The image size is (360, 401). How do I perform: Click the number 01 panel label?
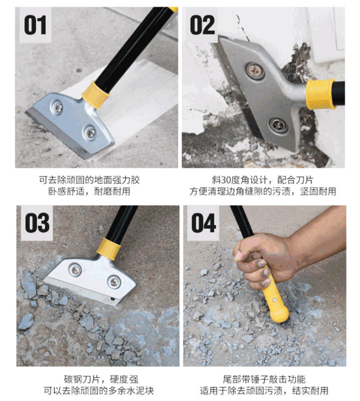[x=35, y=25]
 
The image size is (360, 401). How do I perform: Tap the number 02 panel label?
[x=202, y=25]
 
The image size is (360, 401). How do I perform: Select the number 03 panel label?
[x=37, y=223]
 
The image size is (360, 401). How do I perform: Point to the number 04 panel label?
[x=204, y=223]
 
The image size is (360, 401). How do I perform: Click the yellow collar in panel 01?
[x=96, y=95]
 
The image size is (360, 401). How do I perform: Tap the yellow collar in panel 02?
[x=320, y=94]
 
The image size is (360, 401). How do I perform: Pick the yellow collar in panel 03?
[x=108, y=249]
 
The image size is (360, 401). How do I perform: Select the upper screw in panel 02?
[x=255, y=71]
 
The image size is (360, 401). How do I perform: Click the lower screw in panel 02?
[x=278, y=125]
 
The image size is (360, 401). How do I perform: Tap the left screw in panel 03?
[x=75, y=269]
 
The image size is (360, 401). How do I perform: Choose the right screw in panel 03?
[x=114, y=282]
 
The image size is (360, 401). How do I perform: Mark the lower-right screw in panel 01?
[x=90, y=132]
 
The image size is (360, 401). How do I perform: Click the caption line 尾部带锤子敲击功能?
[x=264, y=379]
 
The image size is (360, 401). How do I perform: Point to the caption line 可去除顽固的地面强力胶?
[x=89, y=180]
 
